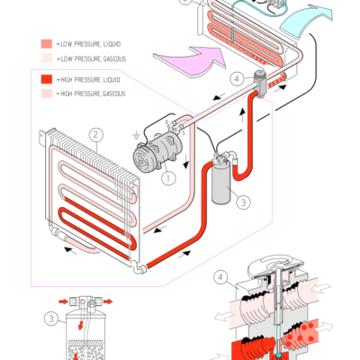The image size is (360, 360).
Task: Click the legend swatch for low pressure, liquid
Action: click(46, 43)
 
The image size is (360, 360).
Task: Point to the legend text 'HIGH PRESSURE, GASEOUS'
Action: click(93, 94)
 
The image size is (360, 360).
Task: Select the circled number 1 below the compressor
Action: click(166, 178)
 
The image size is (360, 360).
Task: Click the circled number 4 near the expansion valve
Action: click(237, 79)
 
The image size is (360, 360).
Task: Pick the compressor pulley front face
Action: click(147, 156)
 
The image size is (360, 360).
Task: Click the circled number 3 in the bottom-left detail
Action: click(50, 318)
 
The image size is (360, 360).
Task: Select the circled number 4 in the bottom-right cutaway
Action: click(221, 276)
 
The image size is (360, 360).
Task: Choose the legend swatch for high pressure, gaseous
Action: click(46, 94)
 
